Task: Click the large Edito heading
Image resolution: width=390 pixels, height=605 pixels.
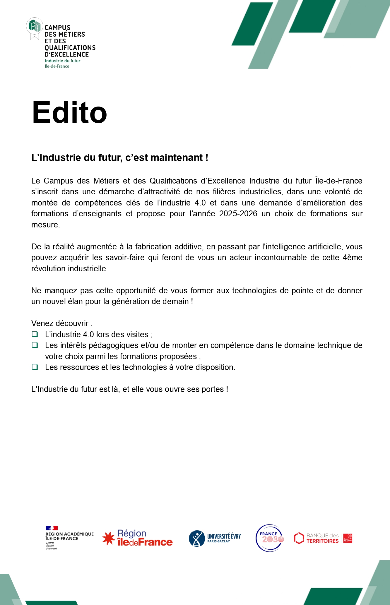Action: point(70,113)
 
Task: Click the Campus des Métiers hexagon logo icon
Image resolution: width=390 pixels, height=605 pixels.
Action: point(35,26)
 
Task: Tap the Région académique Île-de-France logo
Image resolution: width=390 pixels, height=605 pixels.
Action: point(69,538)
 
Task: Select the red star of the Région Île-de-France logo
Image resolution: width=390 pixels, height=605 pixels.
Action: point(109,539)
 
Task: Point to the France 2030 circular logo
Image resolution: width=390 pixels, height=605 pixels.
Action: point(270,538)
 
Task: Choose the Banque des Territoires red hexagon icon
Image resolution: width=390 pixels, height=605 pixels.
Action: point(299,538)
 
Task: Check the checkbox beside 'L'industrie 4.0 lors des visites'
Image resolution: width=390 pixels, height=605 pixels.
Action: point(35,334)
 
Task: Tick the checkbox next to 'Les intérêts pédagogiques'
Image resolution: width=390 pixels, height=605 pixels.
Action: point(35,345)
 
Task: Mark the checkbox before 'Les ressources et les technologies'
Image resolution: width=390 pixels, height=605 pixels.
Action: point(35,367)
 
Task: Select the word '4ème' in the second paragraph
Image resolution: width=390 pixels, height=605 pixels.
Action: point(352,258)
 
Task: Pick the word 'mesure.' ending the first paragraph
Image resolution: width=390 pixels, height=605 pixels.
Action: point(45,225)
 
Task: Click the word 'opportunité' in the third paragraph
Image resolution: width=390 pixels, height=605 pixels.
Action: point(136,291)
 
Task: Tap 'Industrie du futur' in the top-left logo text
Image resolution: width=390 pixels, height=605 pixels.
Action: point(63,61)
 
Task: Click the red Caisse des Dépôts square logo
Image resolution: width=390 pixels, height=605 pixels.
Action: point(348,538)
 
